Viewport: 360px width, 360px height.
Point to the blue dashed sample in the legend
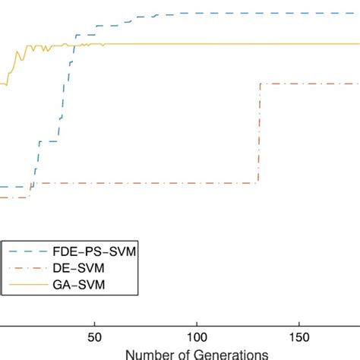point(25,251)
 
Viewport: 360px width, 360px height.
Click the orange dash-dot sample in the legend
point(25,267)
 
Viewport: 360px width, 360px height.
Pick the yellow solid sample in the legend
point(25,285)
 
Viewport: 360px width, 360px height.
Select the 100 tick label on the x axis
point(197,337)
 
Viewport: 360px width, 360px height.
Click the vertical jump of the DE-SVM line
point(259,133)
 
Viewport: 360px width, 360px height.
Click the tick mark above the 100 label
point(197,324)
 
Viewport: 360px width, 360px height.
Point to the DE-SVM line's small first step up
point(30,190)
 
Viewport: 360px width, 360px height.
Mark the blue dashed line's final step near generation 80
point(155,14)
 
